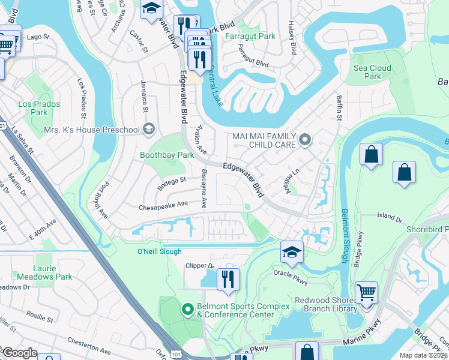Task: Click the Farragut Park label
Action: [250, 36]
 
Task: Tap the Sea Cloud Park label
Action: [372, 72]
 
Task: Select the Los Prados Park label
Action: [32, 108]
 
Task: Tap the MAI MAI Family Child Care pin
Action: [305, 140]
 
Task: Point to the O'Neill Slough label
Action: [159, 251]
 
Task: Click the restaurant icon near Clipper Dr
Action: [228, 280]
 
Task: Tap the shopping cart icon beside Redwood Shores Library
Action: [366, 292]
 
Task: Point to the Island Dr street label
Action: [390, 216]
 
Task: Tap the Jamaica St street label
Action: [144, 96]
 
